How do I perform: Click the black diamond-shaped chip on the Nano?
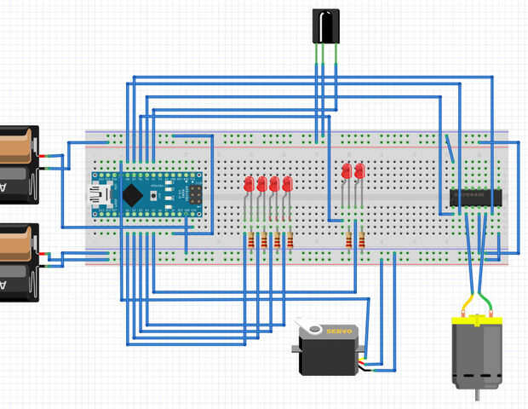point(132,195)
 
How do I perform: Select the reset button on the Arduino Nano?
point(152,196)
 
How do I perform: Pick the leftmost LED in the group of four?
point(249,183)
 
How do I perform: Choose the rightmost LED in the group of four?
point(287,183)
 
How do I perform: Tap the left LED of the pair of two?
point(347,171)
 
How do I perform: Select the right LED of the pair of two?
point(359,171)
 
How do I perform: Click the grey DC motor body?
point(476,354)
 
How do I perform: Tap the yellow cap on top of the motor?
point(476,320)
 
